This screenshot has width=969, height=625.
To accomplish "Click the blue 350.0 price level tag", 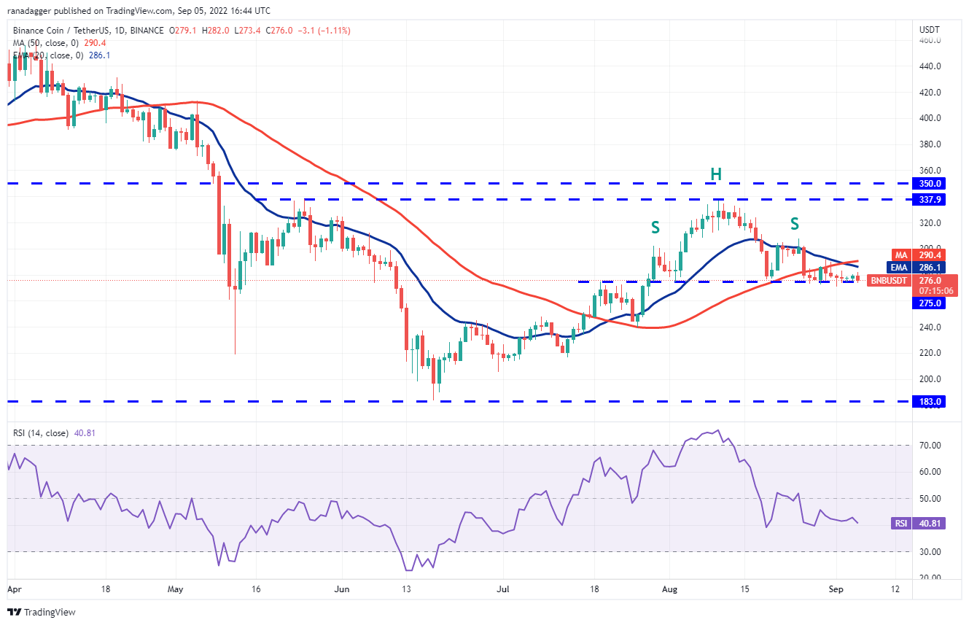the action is (x=929, y=184).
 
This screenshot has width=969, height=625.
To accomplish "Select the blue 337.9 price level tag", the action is (x=929, y=200).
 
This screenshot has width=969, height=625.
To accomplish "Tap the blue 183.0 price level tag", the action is (x=929, y=402).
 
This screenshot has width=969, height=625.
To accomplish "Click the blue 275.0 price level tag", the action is (x=929, y=303).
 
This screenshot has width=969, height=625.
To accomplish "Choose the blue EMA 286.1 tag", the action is (x=916, y=268).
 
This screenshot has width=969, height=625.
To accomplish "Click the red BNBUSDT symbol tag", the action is (x=889, y=281).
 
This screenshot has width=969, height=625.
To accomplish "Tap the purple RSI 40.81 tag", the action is (x=919, y=524).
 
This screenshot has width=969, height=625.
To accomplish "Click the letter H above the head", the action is (x=716, y=174).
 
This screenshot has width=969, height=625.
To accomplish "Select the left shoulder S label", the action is (x=655, y=228).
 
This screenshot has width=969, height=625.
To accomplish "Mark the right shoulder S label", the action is (x=795, y=224).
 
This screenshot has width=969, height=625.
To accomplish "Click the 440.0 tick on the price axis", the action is (x=930, y=66).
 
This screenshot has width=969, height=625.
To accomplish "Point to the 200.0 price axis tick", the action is (x=930, y=379).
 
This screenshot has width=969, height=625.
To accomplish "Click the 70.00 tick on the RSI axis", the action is (x=930, y=446).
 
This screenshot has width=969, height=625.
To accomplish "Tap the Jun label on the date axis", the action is (x=342, y=589).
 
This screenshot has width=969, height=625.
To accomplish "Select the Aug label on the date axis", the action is (x=669, y=589).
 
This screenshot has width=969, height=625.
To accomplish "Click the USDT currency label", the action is (x=929, y=30).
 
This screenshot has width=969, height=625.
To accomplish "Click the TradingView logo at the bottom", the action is (x=42, y=612).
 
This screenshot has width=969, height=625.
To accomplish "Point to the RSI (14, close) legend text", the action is (x=41, y=433).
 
